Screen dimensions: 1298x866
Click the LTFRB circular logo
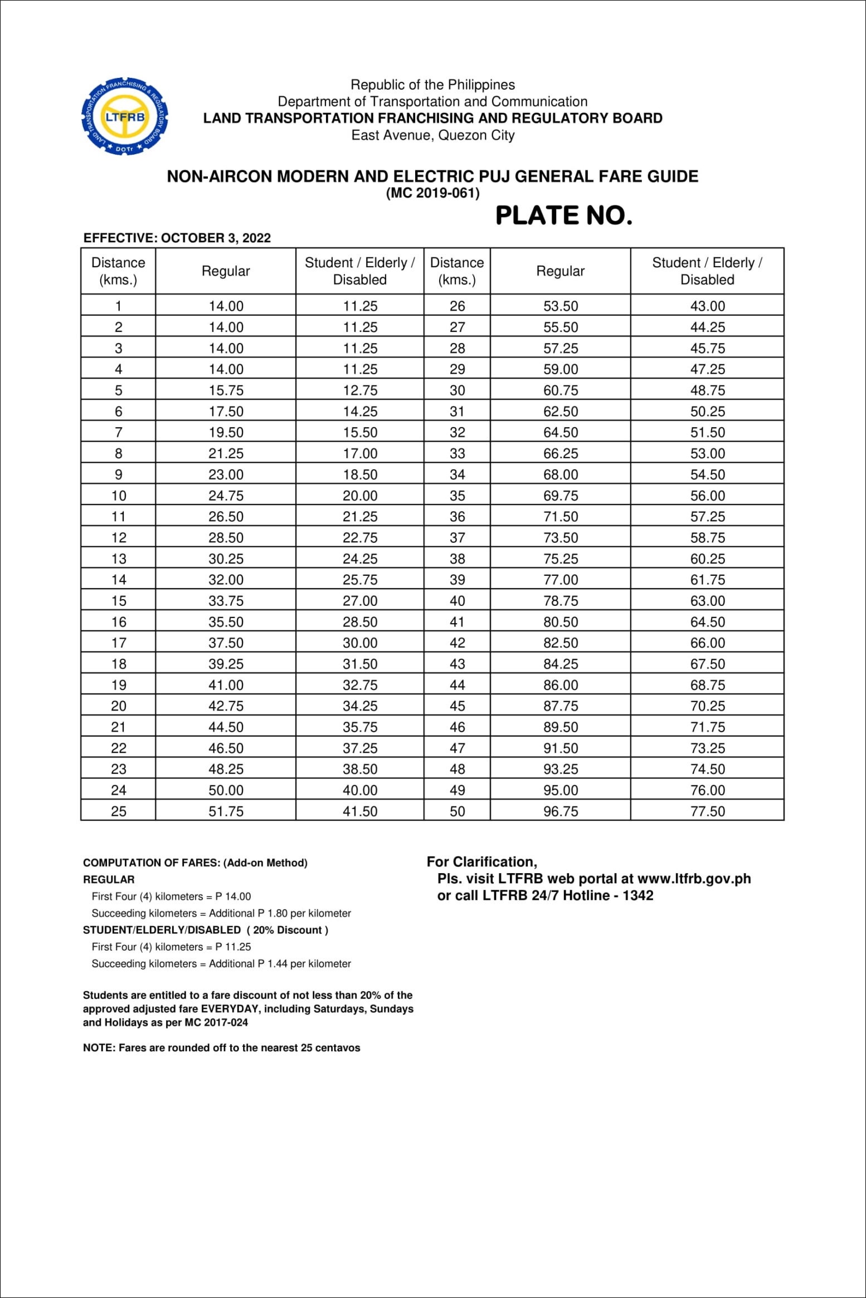[x=125, y=116]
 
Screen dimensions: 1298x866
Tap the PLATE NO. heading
[x=563, y=215]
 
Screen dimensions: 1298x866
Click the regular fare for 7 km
[x=226, y=433]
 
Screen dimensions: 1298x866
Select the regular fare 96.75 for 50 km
[x=561, y=811]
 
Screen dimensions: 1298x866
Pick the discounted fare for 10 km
[x=360, y=496]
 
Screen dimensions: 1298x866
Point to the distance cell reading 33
[x=457, y=454]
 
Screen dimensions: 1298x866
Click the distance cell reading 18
[x=119, y=664]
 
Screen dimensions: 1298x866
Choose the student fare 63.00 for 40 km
[x=707, y=601]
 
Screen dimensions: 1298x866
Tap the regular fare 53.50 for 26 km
[x=561, y=306]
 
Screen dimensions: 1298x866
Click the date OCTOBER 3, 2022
[x=216, y=238]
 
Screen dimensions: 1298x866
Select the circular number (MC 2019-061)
[x=432, y=193]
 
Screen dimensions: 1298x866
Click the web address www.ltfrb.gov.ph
[x=694, y=879]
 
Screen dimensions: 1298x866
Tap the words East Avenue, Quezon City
[x=432, y=135]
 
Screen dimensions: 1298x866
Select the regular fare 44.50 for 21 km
[x=226, y=727]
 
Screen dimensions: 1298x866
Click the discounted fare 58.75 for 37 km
[x=707, y=538]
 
